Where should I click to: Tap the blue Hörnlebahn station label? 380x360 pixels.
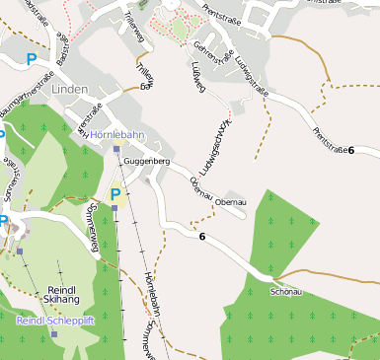click(x=117, y=133)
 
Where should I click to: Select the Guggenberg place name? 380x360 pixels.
click(x=147, y=160)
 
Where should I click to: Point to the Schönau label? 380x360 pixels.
click(x=285, y=292)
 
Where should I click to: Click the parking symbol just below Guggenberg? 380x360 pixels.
click(x=115, y=194)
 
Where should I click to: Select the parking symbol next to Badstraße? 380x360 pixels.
click(x=32, y=59)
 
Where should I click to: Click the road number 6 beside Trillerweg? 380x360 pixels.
click(x=145, y=87)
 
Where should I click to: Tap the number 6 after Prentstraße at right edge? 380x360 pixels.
click(x=350, y=149)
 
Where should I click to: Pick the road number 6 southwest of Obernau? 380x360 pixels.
click(x=202, y=237)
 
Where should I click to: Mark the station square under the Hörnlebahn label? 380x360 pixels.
click(x=115, y=149)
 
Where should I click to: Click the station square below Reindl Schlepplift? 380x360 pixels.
click(x=54, y=334)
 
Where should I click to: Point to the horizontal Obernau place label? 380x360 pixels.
click(x=243, y=201)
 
